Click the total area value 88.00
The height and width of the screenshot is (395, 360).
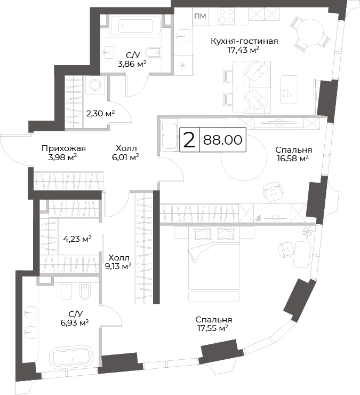click(x=222, y=140)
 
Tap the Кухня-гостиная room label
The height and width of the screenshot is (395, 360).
click(x=244, y=41)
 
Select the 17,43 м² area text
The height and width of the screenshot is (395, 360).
click(x=243, y=50)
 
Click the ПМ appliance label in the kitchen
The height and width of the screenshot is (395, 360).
click(x=201, y=16)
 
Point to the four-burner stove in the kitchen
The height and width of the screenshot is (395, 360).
click(x=226, y=16)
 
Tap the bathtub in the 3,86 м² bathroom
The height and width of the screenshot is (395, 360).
click(x=135, y=26)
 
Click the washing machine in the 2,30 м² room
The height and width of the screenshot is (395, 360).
click(x=95, y=85)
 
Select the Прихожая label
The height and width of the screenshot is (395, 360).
click(x=63, y=148)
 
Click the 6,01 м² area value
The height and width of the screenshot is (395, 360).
click(x=125, y=157)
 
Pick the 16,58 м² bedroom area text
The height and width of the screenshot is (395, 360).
click(x=293, y=159)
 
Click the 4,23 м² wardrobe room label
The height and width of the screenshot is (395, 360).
click(x=77, y=239)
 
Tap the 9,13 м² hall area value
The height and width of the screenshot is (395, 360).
click(x=118, y=266)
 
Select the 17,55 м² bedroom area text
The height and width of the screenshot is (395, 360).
click(x=213, y=328)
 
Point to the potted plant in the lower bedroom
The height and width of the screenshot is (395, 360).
click(x=307, y=232)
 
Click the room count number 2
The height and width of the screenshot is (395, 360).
click(x=189, y=140)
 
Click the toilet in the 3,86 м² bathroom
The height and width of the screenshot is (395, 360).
click(x=153, y=52)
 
